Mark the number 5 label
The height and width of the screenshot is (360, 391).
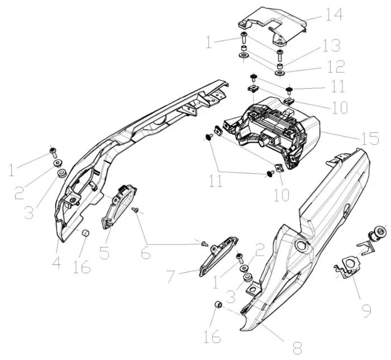104,252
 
